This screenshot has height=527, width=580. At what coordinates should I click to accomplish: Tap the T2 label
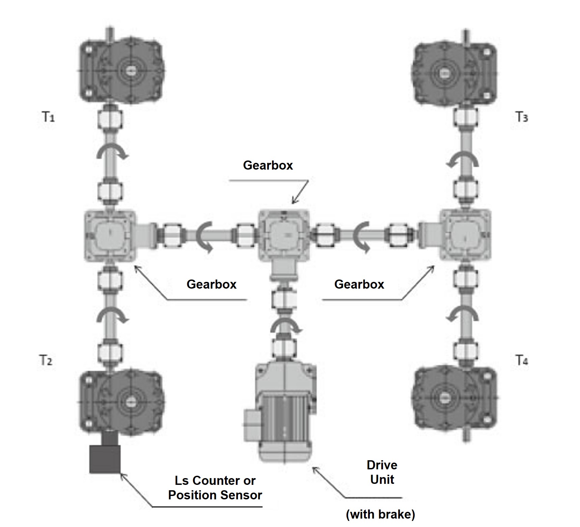coord(46,360)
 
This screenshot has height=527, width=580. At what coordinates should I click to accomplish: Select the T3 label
coord(522,117)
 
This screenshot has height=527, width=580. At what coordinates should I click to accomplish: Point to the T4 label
coord(522,360)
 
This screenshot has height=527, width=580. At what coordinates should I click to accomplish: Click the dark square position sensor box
coord(105,459)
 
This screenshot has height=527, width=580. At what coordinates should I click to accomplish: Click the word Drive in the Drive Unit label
coord(382,465)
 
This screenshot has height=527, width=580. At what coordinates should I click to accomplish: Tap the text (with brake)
coord(380,514)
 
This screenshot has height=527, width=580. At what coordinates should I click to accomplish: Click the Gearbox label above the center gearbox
coord(268,165)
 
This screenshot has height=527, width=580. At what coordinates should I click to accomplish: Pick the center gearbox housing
coord(284,235)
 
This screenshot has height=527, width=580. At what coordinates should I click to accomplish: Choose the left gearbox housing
coord(110,235)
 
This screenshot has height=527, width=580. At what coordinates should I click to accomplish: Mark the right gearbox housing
coord(465,235)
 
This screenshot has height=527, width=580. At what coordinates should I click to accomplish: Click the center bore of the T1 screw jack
coord(131,70)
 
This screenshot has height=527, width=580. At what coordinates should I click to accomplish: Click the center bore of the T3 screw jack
coord(442,73)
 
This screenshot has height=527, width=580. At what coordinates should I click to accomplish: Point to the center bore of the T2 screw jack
coord(131,402)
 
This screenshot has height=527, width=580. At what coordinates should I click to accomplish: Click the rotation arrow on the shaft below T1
coord(112,153)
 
